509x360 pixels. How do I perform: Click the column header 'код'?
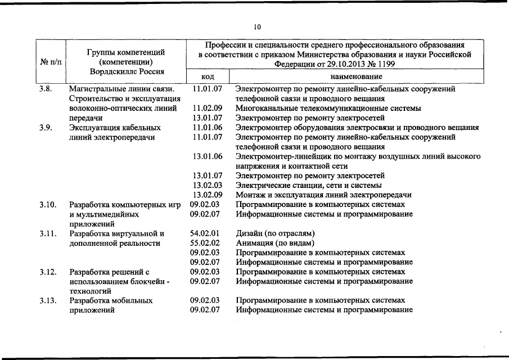point(208,76)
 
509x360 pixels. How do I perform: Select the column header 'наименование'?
point(356,76)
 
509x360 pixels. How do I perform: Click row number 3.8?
point(46,89)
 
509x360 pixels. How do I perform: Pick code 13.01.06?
point(207,156)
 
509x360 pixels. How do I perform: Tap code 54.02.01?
point(205,233)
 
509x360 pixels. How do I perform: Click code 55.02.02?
point(205,243)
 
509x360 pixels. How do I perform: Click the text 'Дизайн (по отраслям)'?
point(274,233)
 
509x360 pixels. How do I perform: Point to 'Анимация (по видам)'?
point(273,243)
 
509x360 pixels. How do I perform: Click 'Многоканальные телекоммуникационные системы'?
point(328,108)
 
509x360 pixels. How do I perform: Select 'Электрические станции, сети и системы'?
point(308,185)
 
